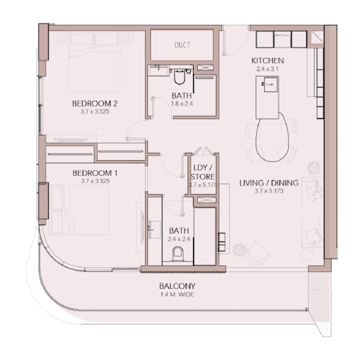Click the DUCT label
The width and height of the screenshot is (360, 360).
tap(182, 45)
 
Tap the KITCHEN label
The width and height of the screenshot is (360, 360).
tap(267, 61)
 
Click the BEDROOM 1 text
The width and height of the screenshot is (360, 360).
tap(95, 173)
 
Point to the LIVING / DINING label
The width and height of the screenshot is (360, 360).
tap(269, 183)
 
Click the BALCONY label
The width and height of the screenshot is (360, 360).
tap(177, 286)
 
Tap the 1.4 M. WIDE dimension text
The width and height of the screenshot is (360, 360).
tap(177, 295)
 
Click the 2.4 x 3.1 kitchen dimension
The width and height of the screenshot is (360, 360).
tap(267, 69)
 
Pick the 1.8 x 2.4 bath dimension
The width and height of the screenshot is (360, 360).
tap(182, 103)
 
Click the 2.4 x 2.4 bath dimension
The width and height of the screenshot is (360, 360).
tap(179, 239)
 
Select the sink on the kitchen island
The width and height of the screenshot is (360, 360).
tap(270, 84)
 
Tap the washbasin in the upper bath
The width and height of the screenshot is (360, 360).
tap(158, 71)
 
